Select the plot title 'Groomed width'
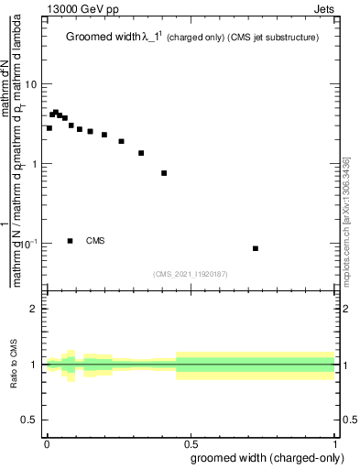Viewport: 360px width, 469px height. (x=104, y=38)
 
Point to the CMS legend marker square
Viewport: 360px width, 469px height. (x=71, y=241)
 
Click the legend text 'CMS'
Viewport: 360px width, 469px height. (x=95, y=241)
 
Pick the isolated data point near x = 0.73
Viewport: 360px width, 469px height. (x=256, y=248)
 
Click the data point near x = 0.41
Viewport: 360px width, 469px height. (x=164, y=173)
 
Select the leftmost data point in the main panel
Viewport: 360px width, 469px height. (x=49, y=128)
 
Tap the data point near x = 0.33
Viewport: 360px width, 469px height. (x=141, y=153)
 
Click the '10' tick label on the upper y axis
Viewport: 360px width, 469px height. (x=31, y=84)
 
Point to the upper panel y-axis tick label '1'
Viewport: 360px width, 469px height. (x=35, y=164)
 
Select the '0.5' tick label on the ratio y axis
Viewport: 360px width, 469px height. (x=29, y=420)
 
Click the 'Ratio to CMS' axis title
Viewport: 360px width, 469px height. (x=15, y=365)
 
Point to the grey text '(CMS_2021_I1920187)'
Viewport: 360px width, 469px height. (x=191, y=274)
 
